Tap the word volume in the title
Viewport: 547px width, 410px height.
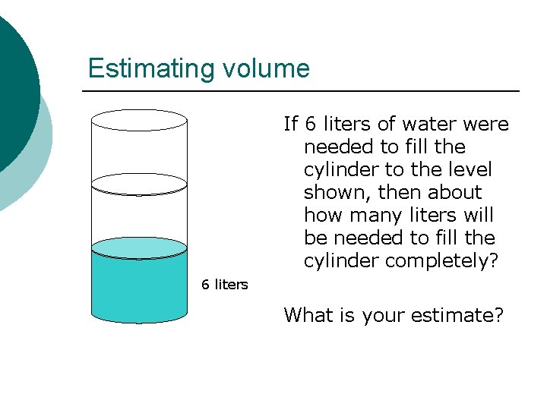click(266, 69)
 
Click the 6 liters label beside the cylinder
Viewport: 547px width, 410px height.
click(224, 285)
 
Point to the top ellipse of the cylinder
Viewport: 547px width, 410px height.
click(139, 120)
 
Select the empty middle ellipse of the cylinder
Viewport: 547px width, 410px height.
click(139, 184)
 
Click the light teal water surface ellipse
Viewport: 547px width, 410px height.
click(139, 248)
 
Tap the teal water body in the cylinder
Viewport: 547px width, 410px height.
click(139, 292)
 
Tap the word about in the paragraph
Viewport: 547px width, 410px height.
click(455, 192)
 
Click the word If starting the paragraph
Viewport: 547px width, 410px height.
click(291, 124)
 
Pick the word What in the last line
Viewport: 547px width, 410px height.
click(306, 315)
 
